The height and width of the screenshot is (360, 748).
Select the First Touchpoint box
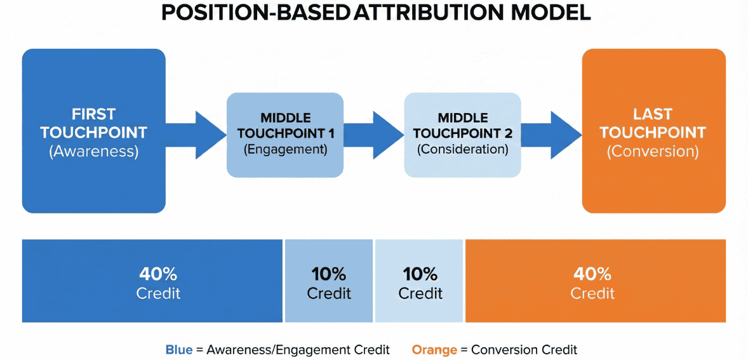click(x=94, y=131)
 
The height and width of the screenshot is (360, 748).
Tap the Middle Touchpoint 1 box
click(x=285, y=135)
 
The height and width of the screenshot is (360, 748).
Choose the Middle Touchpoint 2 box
click(x=463, y=135)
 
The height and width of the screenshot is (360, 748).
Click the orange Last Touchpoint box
click(x=653, y=131)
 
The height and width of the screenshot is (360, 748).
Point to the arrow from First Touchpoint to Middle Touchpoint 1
click(x=197, y=134)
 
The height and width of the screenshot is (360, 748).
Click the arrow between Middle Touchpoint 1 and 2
click(x=375, y=134)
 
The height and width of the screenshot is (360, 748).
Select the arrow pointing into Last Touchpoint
click(x=552, y=134)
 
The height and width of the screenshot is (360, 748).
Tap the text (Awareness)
click(x=93, y=152)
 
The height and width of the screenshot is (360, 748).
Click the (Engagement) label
click(x=285, y=150)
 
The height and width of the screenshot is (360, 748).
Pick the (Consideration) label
click(x=463, y=150)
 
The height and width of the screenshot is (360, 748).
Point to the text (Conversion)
click(x=653, y=152)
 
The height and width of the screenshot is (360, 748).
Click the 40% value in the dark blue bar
click(x=158, y=274)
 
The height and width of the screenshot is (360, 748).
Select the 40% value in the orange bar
click(x=592, y=274)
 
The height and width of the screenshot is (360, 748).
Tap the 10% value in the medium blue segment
click(x=329, y=274)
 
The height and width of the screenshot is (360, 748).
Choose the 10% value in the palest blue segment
click(x=420, y=274)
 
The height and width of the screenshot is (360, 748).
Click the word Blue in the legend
click(x=178, y=349)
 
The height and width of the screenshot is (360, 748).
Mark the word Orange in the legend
click(x=435, y=349)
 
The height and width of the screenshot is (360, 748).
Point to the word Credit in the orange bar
click(x=592, y=293)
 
